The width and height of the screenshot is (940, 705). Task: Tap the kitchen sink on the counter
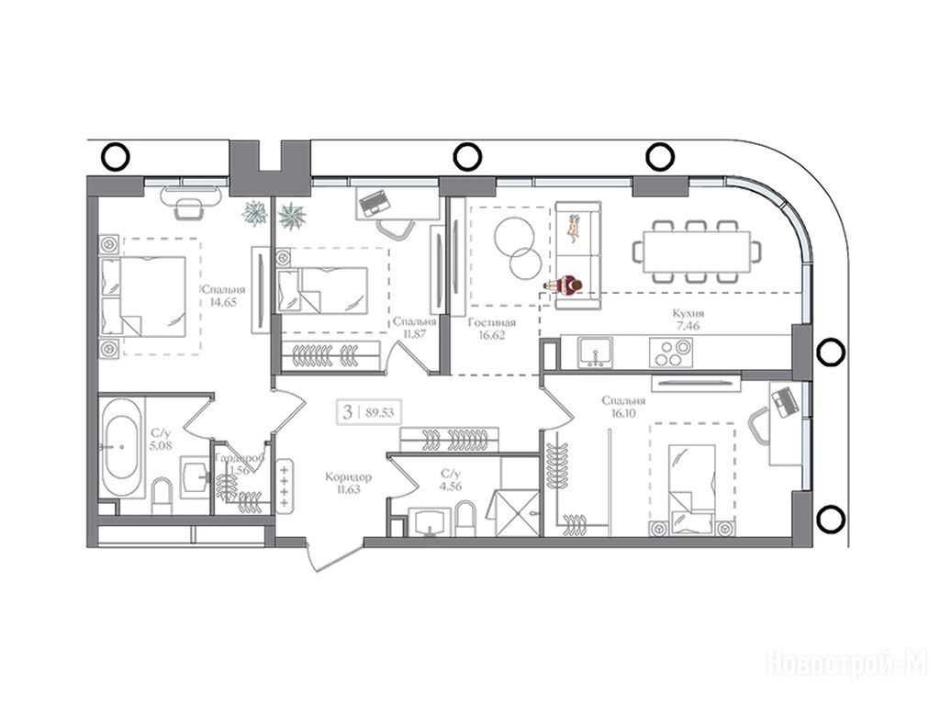point(595,352)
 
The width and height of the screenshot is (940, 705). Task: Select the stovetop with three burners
point(671,352)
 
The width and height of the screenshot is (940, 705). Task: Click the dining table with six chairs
point(696,252)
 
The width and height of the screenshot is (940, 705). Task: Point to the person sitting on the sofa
point(565,287)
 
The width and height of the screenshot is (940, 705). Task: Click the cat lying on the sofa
point(576,229)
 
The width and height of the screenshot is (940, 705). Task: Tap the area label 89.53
point(379,412)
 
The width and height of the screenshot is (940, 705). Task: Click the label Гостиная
point(492,322)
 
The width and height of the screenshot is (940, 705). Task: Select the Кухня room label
point(688,313)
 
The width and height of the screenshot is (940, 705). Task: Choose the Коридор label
point(348,477)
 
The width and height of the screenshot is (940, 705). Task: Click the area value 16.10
point(623,413)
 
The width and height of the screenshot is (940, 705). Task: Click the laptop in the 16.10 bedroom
point(783,402)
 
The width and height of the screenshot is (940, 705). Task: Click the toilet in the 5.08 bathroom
point(162,497)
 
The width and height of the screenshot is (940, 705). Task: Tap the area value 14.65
point(223,302)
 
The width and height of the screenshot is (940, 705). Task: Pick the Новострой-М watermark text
point(847,663)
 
